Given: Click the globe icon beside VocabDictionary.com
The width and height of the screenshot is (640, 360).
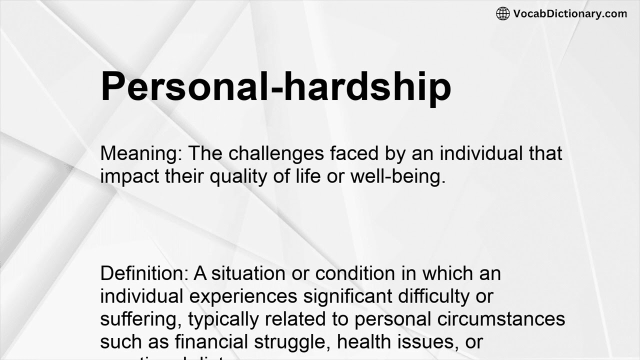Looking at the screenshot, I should [x=503, y=13].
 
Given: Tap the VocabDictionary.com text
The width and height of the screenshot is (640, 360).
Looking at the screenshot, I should [x=570, y=13].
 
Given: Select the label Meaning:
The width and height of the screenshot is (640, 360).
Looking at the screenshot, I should [x=141, y=153].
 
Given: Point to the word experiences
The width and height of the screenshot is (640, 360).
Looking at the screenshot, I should [x=243, y=296].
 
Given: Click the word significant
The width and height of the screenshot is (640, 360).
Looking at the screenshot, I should [x=347, y=296].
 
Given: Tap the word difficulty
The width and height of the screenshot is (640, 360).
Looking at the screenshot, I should [x=434, y=296].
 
